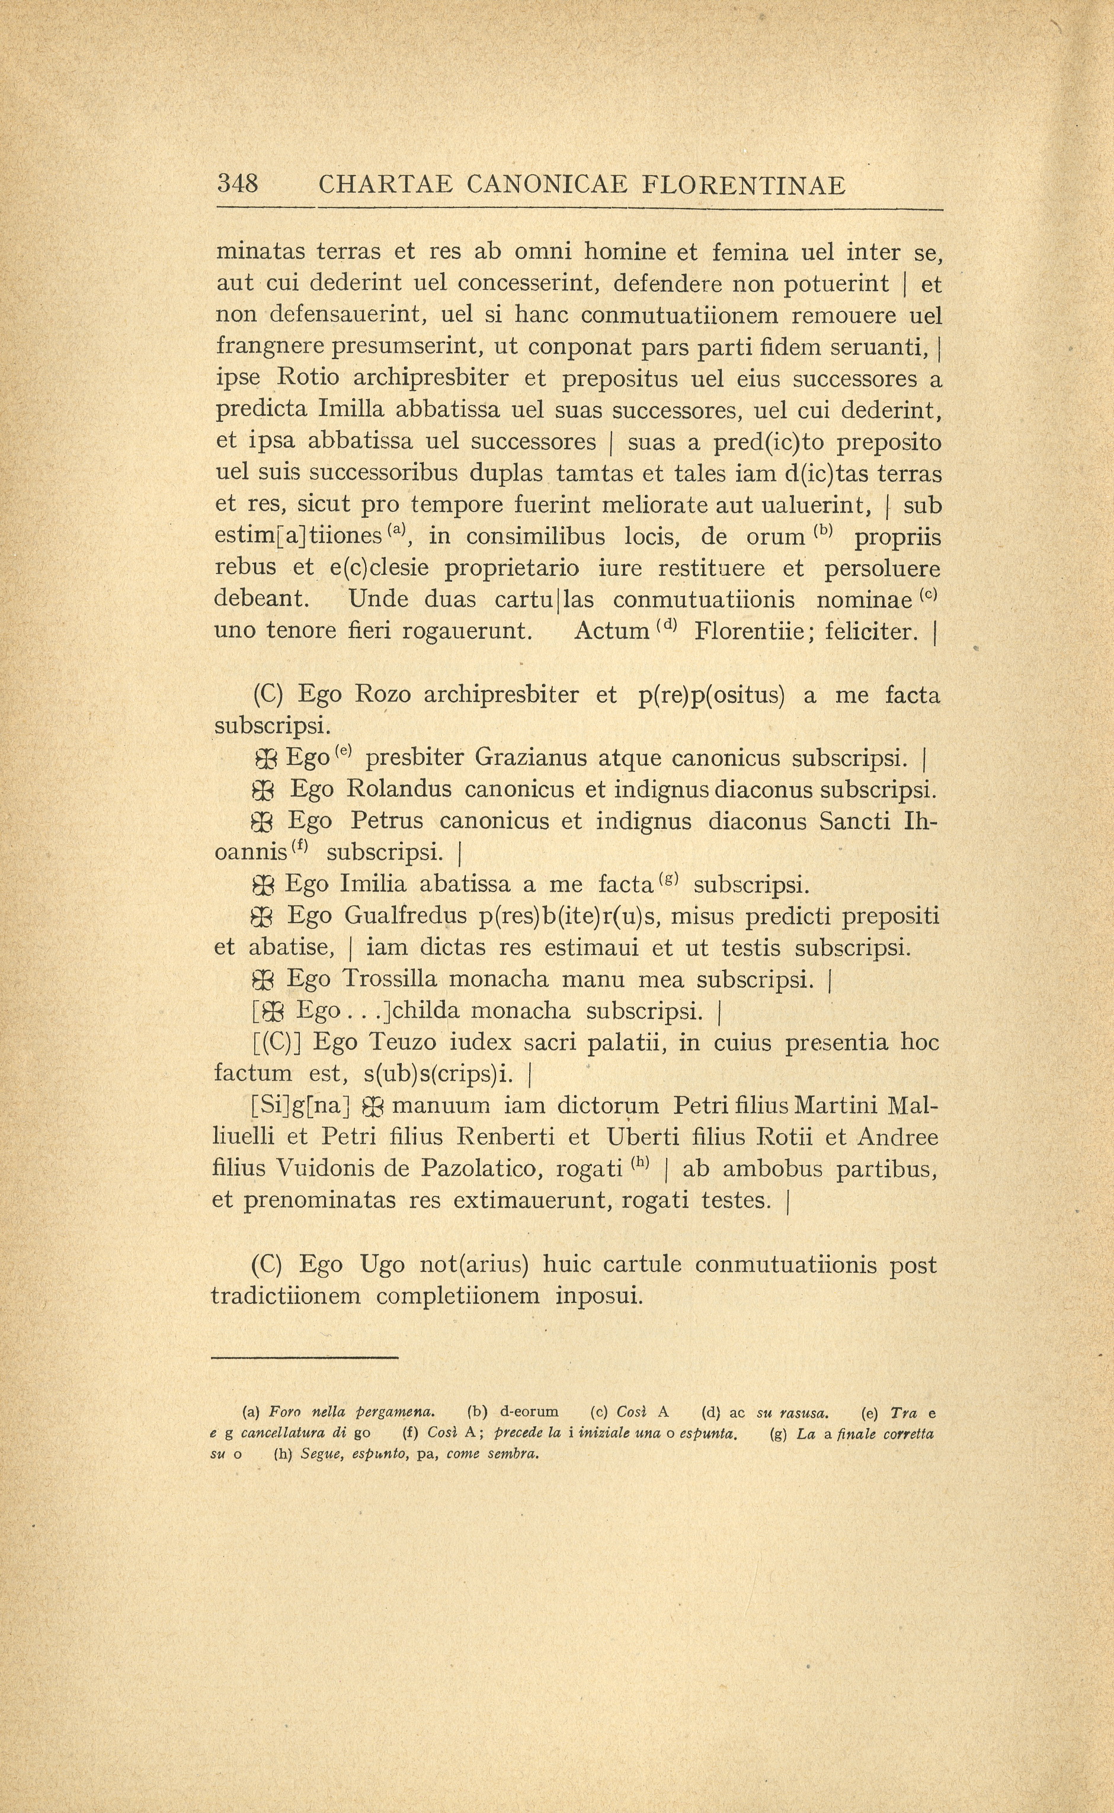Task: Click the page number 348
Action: click(x=237, y=184)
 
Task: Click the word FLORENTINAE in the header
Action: click(x=744, y=185)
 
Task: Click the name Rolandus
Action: click(x=399, y=789)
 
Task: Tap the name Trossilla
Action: click(x=390, y=980)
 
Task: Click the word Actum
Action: click(x=611, y=632)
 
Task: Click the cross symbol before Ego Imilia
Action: click(x=263, y=885)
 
